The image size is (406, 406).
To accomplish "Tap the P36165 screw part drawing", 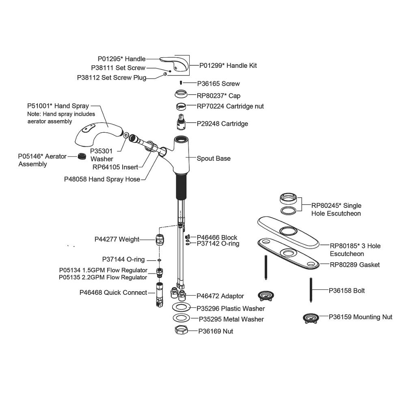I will pos(181,83).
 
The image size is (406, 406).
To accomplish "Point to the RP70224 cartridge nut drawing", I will pos(182,106).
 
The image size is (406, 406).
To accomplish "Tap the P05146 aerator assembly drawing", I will pos(83,156).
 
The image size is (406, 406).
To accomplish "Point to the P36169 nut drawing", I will pos(182,330).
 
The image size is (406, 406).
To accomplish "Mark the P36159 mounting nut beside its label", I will pos(311,317).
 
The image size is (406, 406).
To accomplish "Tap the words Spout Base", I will pos(214,158).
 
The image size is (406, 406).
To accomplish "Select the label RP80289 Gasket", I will pos(354,265).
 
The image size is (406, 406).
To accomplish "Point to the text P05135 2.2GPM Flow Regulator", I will pos(103,277).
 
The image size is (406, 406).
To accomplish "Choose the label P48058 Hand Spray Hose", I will pos(102,179).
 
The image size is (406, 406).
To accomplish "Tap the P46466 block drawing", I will pos(188,237).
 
